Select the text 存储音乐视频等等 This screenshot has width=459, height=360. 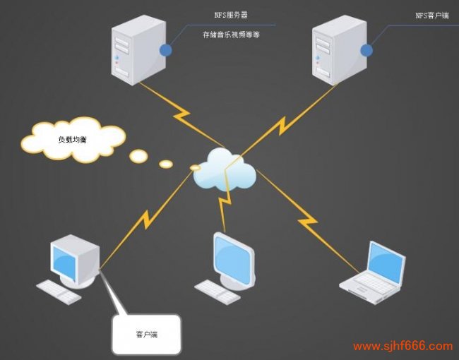coord(232,34)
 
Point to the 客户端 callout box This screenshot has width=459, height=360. coord(146,333)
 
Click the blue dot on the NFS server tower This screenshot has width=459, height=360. coord(166,50)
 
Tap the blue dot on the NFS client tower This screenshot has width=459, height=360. coord(366,50)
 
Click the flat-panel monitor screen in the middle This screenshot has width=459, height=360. coord(234,258)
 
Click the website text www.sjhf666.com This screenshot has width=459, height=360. coord(403,347)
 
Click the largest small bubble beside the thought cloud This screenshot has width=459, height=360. coord(138,155)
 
